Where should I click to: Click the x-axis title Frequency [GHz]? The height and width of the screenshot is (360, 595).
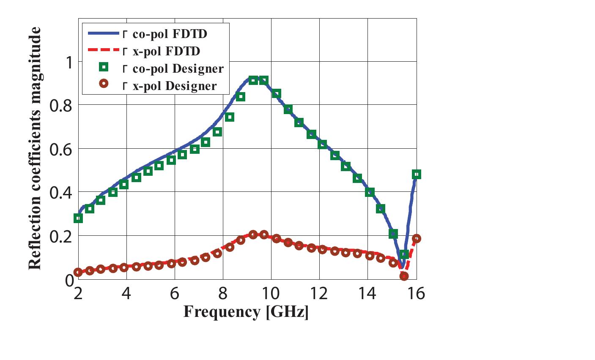pos(246,312)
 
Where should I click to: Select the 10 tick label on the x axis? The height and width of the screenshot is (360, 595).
pos(271,293)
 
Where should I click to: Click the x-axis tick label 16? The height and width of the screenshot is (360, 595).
pos(416,293)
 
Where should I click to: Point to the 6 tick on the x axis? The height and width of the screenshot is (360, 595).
pos(174,293)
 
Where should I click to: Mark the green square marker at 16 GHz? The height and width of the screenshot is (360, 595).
pos(416,174)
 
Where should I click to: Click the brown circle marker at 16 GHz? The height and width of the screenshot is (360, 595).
pos(416,239)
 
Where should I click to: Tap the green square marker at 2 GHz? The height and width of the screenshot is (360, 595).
pos(78,218)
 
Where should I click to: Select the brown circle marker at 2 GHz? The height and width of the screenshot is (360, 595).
pos(78,272)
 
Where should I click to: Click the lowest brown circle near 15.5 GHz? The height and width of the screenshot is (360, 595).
pos(404,276)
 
